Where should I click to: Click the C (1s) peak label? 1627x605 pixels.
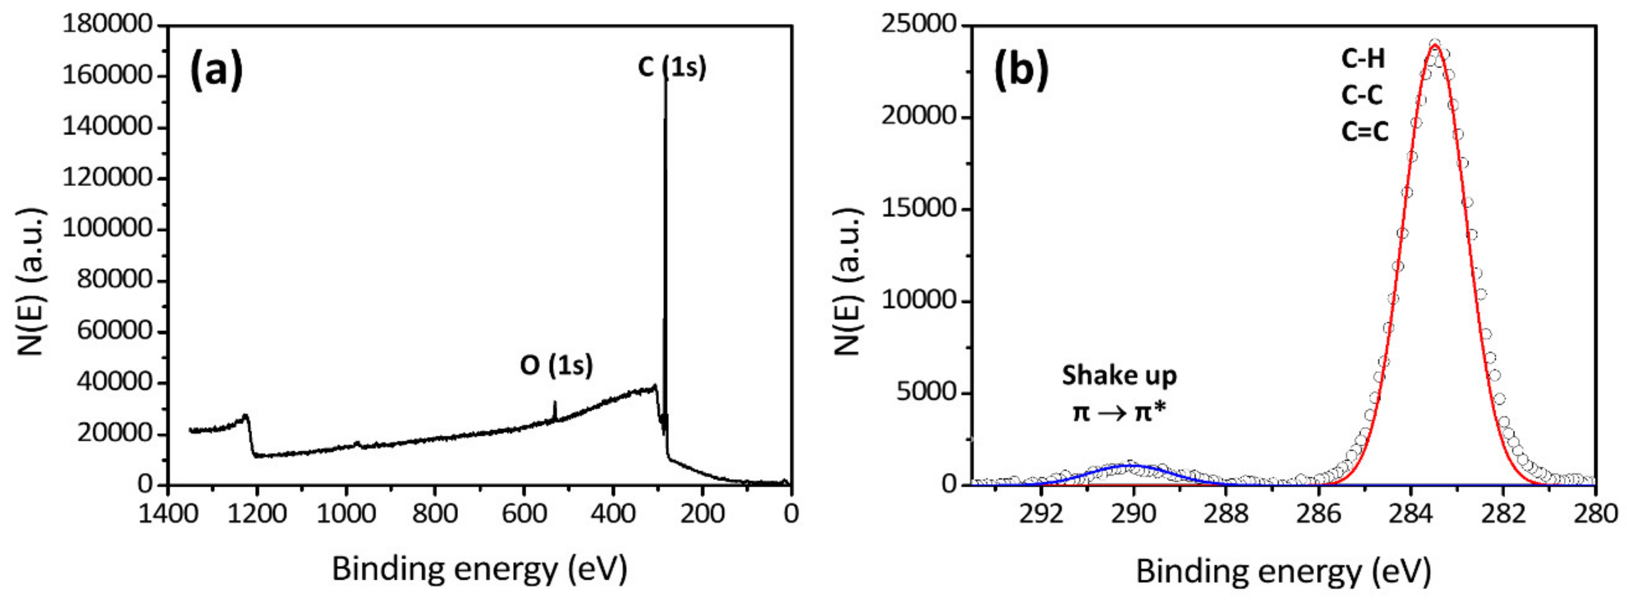point(671,67)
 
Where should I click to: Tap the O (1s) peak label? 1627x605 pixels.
point(556,365)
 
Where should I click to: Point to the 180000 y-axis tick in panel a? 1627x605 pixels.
point(107,25)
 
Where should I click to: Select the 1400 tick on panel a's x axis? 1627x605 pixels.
point(168,513)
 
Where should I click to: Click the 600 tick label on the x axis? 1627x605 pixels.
point(524,513)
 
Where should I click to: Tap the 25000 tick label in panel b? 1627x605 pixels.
point(919,24)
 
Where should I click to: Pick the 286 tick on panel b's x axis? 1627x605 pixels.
point(1318,513)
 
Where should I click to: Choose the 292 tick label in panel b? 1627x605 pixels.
point(1041,513)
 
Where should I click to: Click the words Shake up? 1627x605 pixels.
point(1119,376)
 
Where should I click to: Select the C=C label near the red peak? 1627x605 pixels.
point(1365,131)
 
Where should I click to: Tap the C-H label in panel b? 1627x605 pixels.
point(1363,59)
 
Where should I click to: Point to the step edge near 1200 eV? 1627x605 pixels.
point(250,436)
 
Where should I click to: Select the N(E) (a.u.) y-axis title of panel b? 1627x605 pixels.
point(848,281)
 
